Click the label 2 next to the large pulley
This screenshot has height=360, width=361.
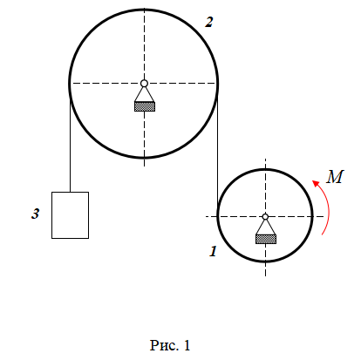point(209,23)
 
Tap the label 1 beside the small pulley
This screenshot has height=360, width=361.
point(214,251)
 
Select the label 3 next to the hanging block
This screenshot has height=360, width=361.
point(35,214)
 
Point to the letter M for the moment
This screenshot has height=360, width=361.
point(335,177)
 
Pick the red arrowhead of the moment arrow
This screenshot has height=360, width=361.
point(316,183)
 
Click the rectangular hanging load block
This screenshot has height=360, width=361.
point(70,215)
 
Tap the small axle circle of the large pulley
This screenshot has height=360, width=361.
point(144,84)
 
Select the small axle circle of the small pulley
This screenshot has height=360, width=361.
point(265,216)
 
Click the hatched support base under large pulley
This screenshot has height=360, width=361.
point(145,106)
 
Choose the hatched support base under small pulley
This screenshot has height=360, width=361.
point(266,239)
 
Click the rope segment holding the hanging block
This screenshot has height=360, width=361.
point(70,146)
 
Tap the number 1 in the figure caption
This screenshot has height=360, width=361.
point(187,345)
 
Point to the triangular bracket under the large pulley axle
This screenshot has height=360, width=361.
point(144,94)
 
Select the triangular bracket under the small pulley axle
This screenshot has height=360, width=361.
point(265,227)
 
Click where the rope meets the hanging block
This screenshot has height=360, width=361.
point(70,192)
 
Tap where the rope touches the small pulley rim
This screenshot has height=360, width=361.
point(218,215)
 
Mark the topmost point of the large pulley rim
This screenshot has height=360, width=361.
point(144,10)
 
